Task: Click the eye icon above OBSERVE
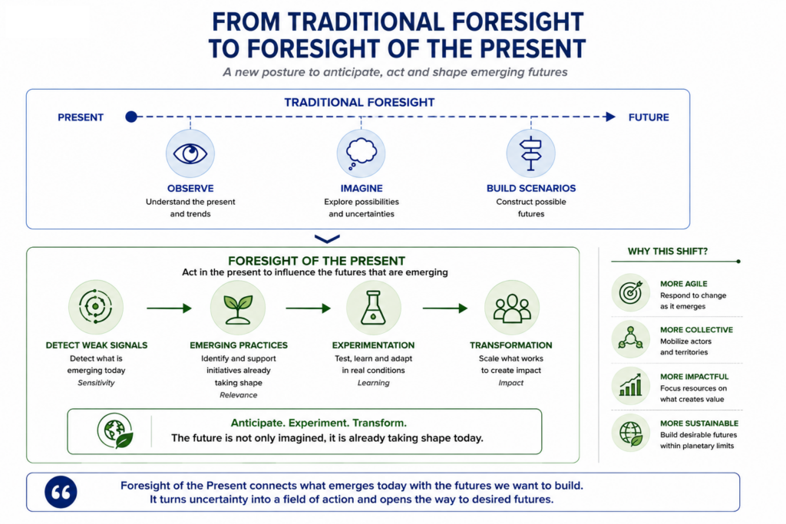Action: click(x=190, y=153)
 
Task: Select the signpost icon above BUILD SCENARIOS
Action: click(x=530, y=153)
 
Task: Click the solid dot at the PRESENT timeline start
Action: click(x=131, y=117)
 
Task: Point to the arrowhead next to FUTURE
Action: click(x=610, y=117)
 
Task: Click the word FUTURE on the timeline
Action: click(x=649, y=117)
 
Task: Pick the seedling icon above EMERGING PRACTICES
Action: click(x=238, y=308)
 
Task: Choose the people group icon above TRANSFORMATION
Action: click(x=511, y=308)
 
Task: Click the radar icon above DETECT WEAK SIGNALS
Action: click(x=95, y=307)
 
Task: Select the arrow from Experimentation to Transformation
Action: click(x=445, y=308)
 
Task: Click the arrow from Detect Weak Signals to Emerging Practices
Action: click(x=170, y=308)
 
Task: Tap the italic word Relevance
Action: click(x=238, y=395)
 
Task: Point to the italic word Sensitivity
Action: click(x=96, y=383)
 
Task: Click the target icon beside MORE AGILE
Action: click(x=631, y=292)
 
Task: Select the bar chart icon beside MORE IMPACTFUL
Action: click(x=631, y=385)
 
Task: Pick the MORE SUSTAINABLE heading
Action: click(x=698, y=423)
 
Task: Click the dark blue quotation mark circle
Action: click(x=61, y=492)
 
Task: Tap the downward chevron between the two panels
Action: click(x=327, y=239)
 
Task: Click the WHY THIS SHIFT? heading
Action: click(x=667, y=251)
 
